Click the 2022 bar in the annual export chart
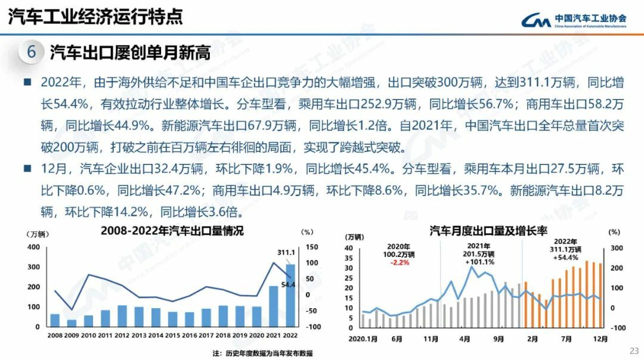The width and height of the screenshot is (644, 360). tap(290, 296)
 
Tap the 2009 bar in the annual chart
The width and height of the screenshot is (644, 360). tap(72, 323)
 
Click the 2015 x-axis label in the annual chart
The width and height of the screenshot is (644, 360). tap(173, 336)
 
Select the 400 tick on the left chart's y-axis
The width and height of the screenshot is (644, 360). tap(34, 246)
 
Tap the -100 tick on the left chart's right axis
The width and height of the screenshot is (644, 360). tap(314, 327)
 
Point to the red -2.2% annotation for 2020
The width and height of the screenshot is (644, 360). tap(399, 262)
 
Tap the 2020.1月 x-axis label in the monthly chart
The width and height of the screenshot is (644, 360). tap(363, 339)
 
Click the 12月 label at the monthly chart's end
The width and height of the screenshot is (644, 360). tap(601, 339)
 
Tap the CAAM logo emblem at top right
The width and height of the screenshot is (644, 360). tap(535, 21)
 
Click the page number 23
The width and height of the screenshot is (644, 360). tap(634, 350)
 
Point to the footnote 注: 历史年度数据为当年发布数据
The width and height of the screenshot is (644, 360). tap(262, 353)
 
